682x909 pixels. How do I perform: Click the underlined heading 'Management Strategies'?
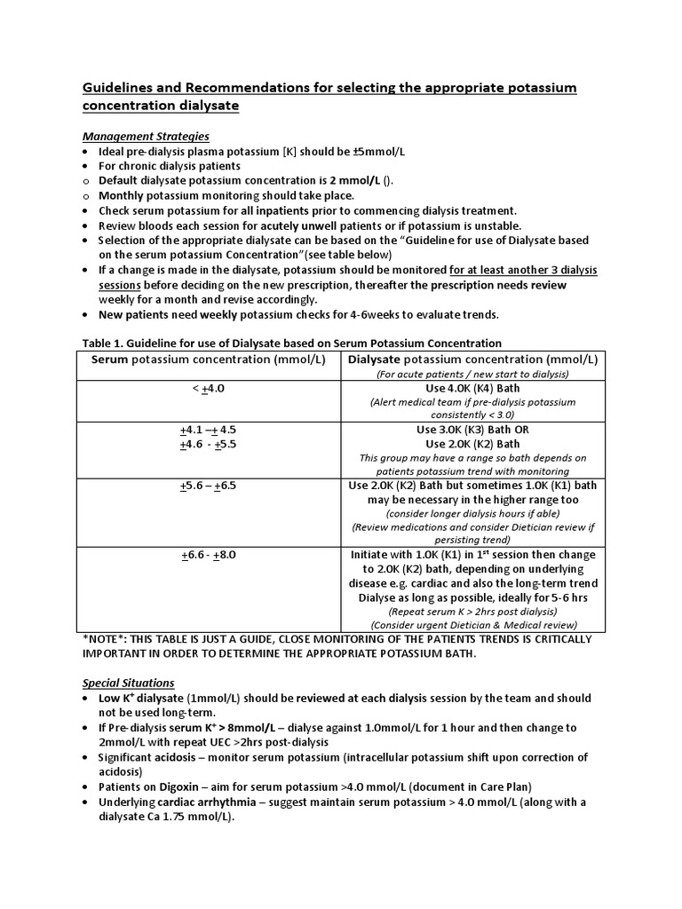tap(146, 136)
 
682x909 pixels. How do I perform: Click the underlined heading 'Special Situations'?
tap(128, 683)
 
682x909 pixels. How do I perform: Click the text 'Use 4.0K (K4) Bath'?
tap(472, 388)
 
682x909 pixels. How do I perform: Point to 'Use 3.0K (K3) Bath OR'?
tap(472, 430)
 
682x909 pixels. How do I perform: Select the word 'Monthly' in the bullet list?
tap(123, 195)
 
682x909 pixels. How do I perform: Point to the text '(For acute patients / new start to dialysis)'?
tap(472, 374)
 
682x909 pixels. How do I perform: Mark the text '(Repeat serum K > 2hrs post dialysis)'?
tap(472, 612)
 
